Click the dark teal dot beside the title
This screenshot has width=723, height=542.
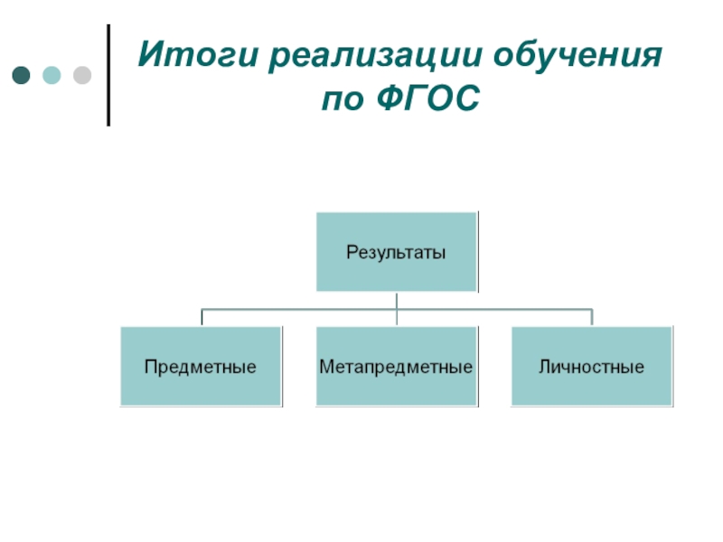click(x=21, y=74)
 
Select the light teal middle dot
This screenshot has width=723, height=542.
click(x=52, y=74)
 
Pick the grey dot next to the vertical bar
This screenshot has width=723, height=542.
click(x=82, y=74)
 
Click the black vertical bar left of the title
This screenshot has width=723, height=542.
click(x=109, y=75)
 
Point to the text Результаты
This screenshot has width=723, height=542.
click(x=397, y=252)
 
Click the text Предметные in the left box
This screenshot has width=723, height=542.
click(x=202, y=368)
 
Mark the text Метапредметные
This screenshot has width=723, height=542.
click(x=397, y=368)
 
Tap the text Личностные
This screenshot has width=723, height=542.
click(x=592, y=368)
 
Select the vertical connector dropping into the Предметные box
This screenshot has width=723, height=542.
click(x=202, y=317)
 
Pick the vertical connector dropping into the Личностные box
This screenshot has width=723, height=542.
click(x=592, y=317)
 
